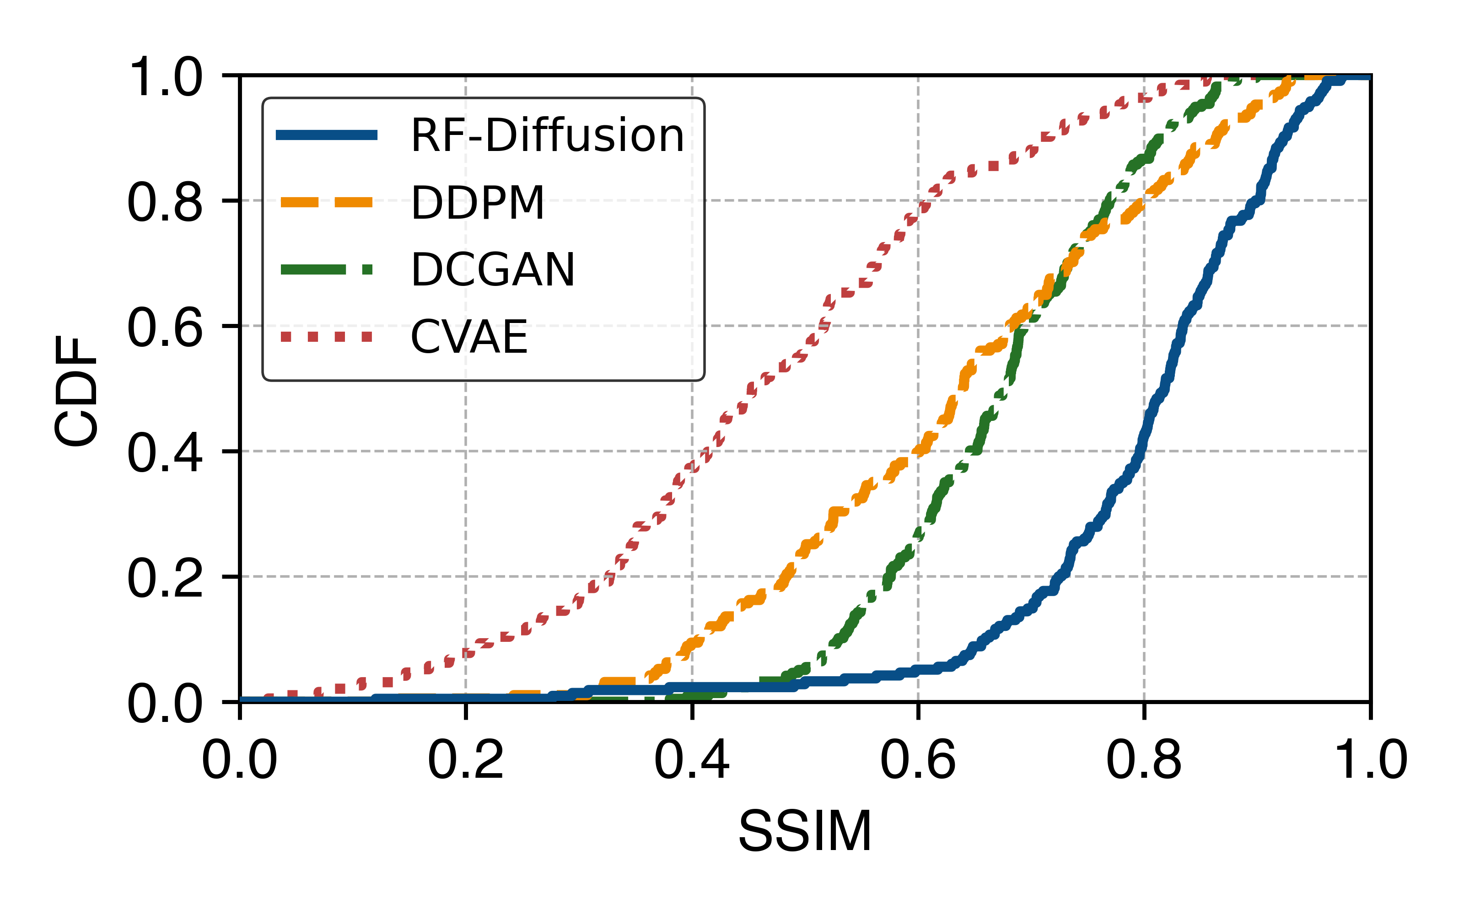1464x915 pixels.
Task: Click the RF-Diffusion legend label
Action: pos(548,135)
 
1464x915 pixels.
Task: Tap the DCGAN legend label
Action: pos(493,270)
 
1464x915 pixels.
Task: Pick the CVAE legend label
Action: pos(469,337)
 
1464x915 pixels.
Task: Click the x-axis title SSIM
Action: pos(805,831)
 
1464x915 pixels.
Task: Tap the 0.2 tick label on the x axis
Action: pos(465,759)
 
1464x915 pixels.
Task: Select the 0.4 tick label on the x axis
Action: pos(692,759)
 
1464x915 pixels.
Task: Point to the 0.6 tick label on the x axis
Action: pos(918,759)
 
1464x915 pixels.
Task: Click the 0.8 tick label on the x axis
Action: pos(1143,759)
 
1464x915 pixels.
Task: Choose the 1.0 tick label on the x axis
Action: pos(1370,759)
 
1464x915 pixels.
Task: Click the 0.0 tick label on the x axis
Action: pos(240,759)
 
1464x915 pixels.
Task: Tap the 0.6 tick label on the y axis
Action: pos(165,327)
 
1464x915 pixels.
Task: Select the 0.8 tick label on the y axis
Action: pos(165,201)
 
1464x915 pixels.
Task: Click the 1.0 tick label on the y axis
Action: pos(165,77)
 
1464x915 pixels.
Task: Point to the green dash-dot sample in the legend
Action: pos(327,270)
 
